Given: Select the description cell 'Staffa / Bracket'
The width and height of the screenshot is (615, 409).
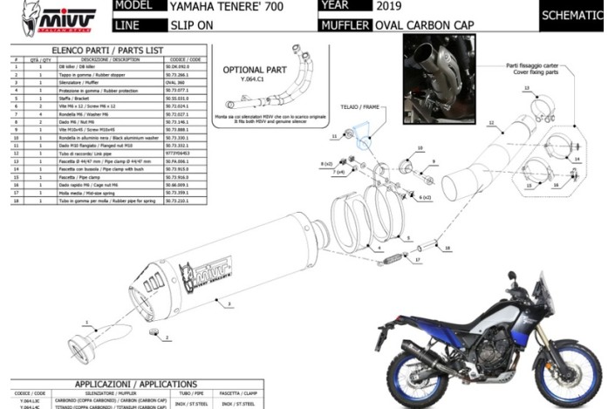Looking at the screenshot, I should point(72,101).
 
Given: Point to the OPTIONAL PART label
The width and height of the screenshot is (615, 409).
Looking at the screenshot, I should point(249,69).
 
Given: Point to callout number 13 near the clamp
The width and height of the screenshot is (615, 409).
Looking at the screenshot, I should point(526,87).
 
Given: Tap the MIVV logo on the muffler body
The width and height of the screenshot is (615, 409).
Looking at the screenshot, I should point(204,271).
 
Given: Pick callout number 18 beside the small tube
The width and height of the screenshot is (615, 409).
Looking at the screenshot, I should point(447,249).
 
